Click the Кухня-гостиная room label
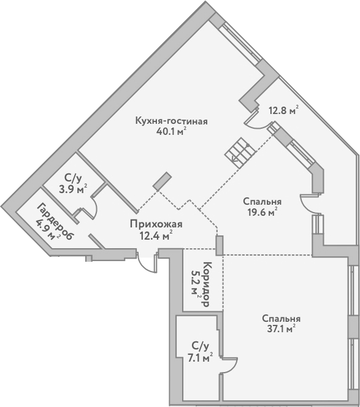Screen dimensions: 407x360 [x=171, y=121]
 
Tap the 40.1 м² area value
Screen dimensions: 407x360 [x=171, y=131]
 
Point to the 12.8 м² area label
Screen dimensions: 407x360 [x=283, y=111]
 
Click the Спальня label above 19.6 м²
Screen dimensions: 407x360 [x=262, y=202]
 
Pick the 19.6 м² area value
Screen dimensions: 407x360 [x=262, y=212]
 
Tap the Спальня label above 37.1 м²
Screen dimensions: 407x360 [x=281, y=318]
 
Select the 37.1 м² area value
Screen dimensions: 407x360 [x=281, y=329]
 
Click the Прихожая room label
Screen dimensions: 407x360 [x=156, y=224]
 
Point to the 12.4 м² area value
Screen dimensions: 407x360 [x=156, y=234]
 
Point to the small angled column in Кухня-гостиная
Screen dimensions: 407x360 [x=162, y=181]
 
